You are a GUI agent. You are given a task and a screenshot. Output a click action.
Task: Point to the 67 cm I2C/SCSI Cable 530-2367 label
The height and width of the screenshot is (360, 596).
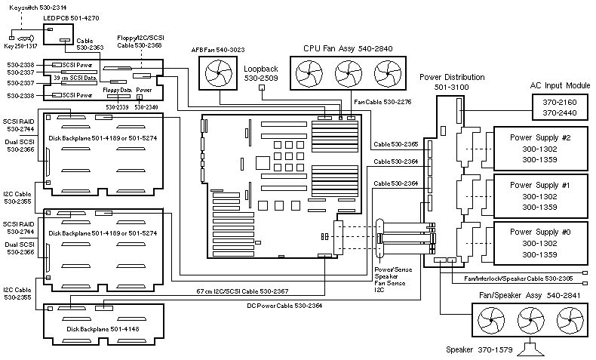coord(241,291)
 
